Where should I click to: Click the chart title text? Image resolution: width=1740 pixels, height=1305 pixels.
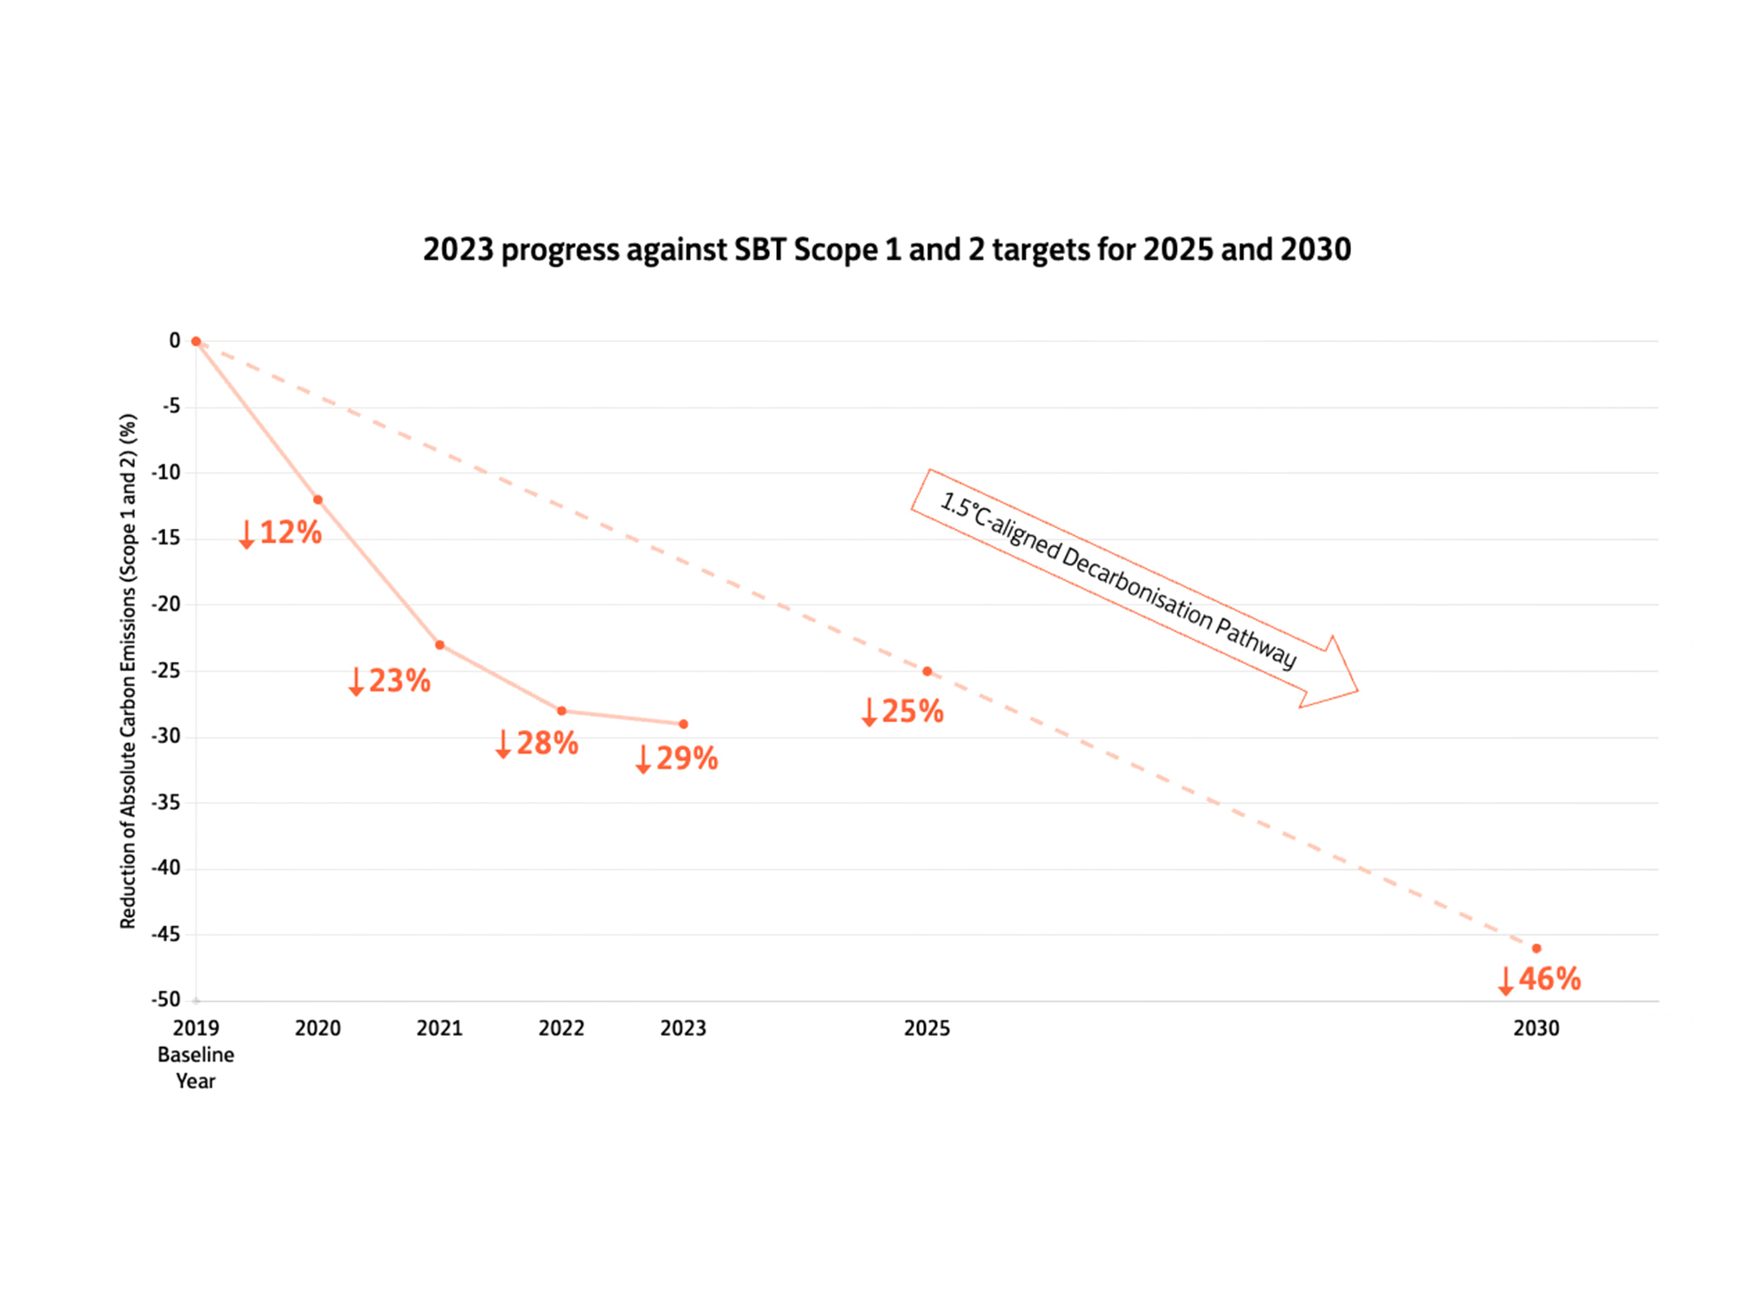coord(887,250)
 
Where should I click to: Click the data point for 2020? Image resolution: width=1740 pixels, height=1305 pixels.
coord(318,499)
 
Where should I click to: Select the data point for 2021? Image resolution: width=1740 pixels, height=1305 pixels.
coord(439,645)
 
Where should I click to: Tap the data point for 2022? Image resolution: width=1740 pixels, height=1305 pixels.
coord(561,711)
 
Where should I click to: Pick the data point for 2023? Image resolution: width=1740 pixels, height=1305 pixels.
coord(683,724)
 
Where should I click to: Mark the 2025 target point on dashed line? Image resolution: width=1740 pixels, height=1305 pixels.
coord(927,671)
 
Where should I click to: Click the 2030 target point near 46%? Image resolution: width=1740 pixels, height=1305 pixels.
coord(1536,948)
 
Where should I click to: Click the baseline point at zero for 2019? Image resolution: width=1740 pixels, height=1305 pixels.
coord(196,341)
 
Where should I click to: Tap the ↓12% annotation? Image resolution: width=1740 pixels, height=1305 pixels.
coord(281,532)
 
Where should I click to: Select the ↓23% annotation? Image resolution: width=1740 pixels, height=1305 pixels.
coord(390,680)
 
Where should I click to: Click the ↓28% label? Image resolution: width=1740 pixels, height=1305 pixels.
coord(537,743)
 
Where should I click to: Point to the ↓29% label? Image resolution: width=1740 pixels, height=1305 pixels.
coord(677,759)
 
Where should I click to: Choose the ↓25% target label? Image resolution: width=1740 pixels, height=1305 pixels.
coord(902,712)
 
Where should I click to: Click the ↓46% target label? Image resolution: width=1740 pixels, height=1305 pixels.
coord(1539,979)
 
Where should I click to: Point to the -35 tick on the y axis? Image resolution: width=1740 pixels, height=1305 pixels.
coord(165,802)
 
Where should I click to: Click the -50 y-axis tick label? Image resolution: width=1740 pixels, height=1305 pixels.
coord(165,1000)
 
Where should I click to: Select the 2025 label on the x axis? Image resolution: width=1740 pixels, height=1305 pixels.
coord(927,1028)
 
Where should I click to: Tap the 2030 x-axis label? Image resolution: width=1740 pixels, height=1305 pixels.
coord(1536,1028)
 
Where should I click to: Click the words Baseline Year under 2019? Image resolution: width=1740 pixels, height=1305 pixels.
coord(196,1067)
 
